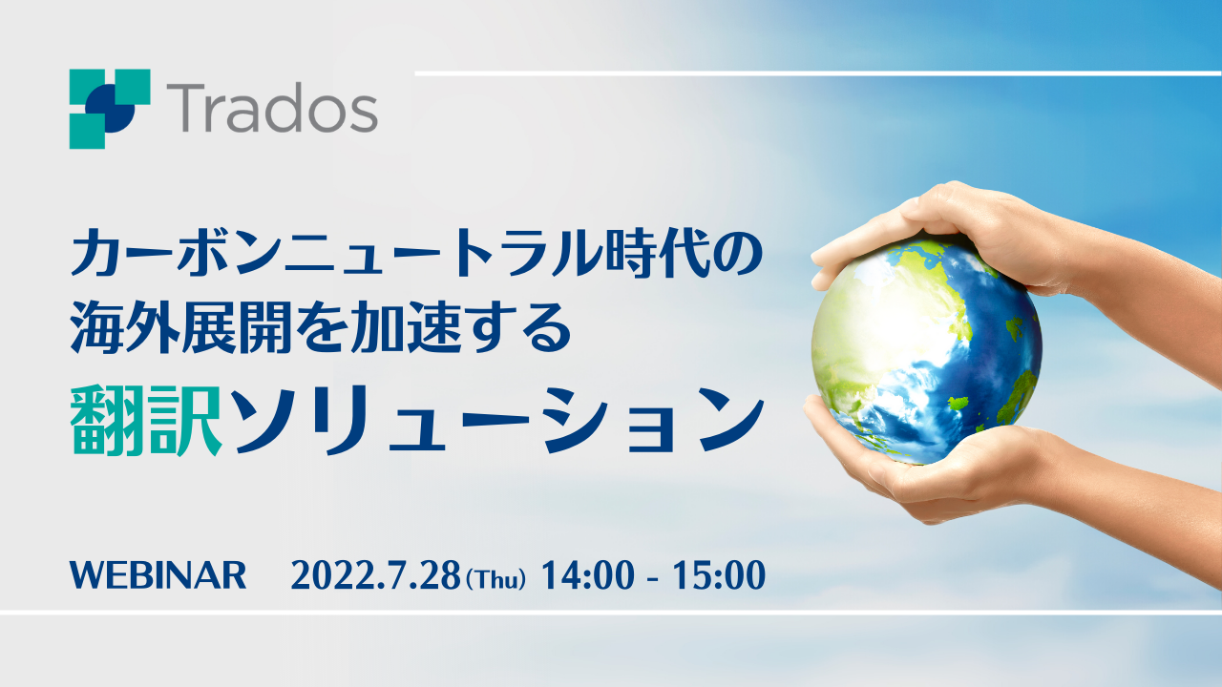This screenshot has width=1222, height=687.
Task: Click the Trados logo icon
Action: [x=110, y=109]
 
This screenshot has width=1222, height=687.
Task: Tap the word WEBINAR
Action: [x=158, y=575]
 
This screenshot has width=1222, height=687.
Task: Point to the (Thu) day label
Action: [x=496, y=578]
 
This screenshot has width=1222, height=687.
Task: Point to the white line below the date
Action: [x=611, y=613]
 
